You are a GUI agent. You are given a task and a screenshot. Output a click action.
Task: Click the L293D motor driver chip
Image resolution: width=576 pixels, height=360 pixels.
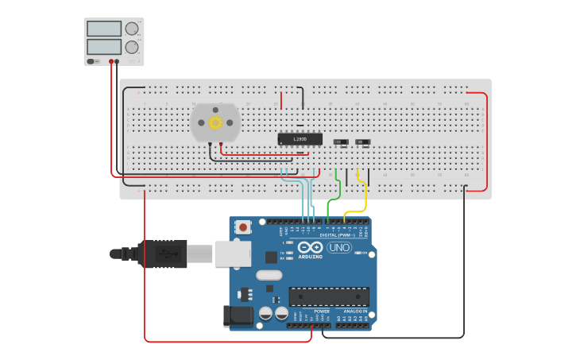[300, 139]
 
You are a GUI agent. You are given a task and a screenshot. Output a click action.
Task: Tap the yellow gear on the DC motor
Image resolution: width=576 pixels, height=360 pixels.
[215, 122]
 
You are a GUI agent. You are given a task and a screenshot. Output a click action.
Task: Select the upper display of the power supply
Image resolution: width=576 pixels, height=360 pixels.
[104, 29]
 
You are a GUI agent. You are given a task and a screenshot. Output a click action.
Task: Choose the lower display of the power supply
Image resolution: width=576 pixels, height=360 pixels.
[104, 47]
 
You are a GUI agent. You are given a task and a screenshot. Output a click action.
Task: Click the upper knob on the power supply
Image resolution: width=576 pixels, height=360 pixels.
[131, 28]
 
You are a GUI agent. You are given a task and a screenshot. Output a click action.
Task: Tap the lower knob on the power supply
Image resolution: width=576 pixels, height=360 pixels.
[131, 47]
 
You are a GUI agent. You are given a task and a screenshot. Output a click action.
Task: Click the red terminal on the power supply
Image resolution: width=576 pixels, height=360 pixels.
[110, 61]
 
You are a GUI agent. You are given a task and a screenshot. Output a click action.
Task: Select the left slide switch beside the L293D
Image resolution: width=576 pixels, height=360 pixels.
[341, 141]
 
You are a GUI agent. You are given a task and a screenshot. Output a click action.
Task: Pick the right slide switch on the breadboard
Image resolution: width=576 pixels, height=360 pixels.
[363, 141]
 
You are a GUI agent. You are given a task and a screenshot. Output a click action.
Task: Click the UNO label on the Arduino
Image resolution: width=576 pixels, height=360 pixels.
[339, 247]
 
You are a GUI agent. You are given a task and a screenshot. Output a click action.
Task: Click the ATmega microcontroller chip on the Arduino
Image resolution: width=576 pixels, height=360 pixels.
[328, 296]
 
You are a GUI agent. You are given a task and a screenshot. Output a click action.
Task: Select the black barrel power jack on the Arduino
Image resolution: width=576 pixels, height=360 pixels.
[238, 315]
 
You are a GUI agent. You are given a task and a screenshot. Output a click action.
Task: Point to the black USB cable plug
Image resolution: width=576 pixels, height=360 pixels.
[163, 254]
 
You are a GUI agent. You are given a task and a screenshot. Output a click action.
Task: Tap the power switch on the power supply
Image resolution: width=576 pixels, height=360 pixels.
[93, 61]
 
